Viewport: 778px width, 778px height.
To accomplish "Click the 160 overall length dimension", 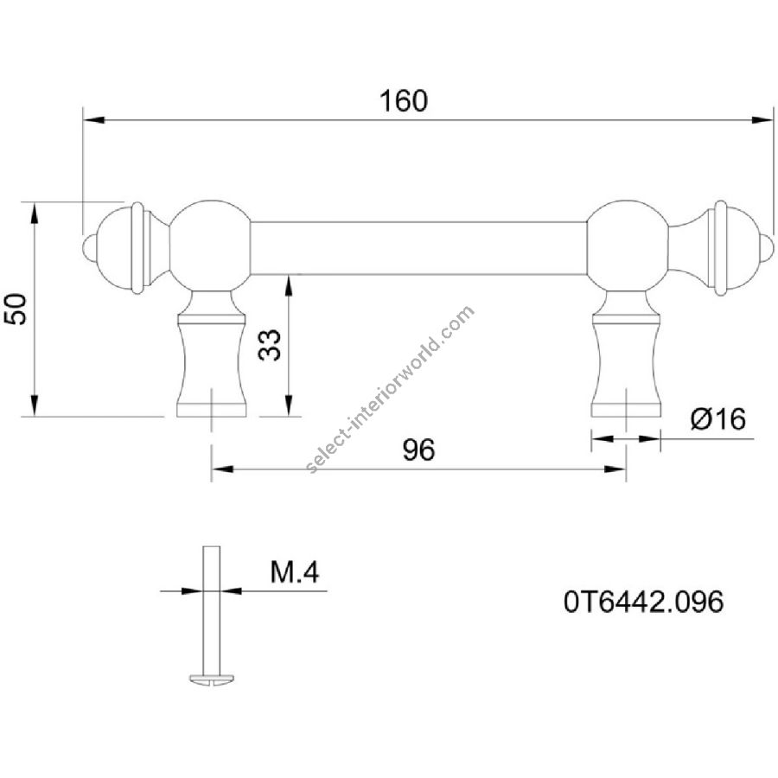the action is point(403,101).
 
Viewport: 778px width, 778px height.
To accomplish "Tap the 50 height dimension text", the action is point(16,309).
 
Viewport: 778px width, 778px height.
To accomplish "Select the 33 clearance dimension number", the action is point(270,345).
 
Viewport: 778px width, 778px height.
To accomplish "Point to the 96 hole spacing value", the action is point(418,450).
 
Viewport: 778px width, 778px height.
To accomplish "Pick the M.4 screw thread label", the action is point(294,572).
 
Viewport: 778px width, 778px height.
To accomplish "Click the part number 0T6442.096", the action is point(643,602).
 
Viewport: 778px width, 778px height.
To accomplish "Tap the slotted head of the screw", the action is point(214,679).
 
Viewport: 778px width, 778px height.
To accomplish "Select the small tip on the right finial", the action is point(767,247).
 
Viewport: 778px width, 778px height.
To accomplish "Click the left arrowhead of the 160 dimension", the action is point(93,120).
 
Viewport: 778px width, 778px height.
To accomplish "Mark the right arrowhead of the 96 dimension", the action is point(615,469).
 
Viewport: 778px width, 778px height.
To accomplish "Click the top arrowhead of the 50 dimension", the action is point(34,214).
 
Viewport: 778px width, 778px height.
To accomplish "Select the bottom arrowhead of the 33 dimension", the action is point(288,404).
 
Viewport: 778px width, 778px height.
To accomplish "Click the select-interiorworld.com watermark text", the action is point(391,390).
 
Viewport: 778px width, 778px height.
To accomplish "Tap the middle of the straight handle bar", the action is point(418,248).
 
